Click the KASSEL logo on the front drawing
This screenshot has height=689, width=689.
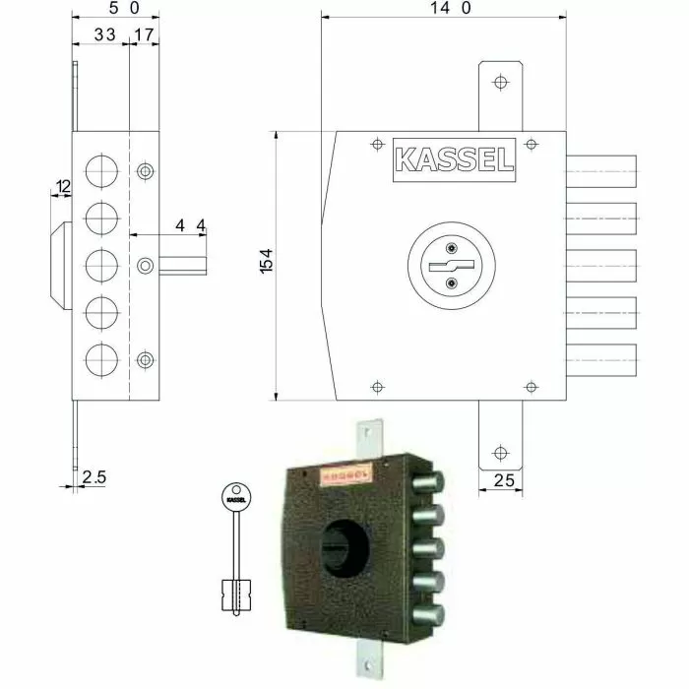point(454,160)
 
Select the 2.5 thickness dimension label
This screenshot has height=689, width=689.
point(94,477)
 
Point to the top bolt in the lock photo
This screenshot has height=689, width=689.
point(429,483)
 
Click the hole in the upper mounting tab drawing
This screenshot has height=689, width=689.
point(501,82)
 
